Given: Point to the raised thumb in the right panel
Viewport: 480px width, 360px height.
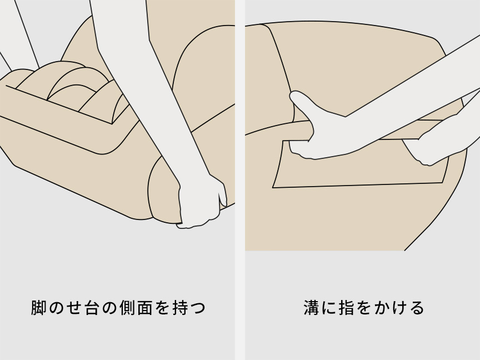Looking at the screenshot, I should coord(300,102).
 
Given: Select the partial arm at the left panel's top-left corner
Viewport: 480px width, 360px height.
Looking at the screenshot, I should coord(14,33).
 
